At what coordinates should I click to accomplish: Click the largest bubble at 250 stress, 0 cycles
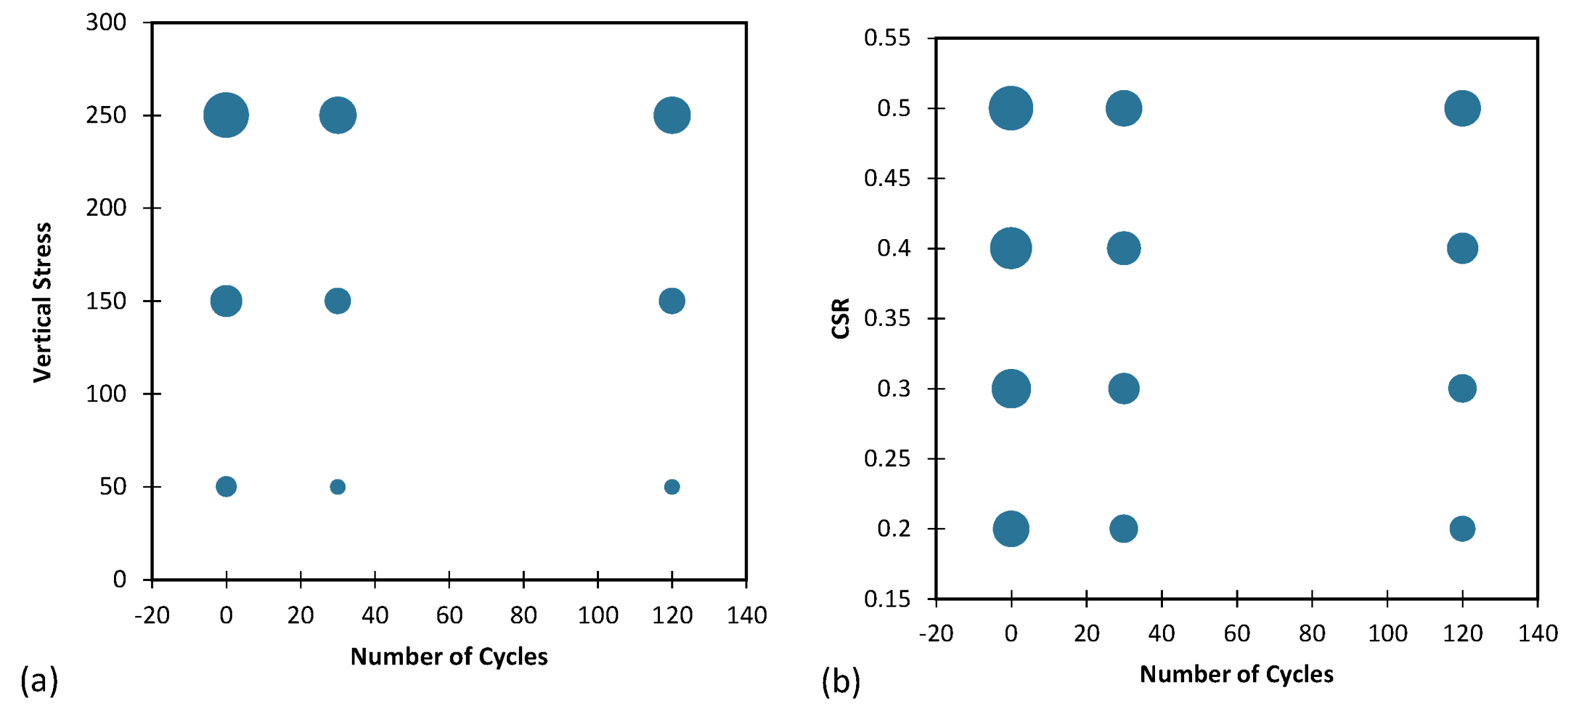pyautogui.click(x=226, y=115)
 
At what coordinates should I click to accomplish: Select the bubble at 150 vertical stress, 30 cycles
pyautogui.click(x=337, y=301)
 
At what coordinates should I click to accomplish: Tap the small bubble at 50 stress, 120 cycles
pyautogui.click(x=671, y=487)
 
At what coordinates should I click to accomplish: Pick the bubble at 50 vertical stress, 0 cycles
pyautogui.click(x=226, y=486)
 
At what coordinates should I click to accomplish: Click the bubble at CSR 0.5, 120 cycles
pyautogui.click(x=1462, y=109)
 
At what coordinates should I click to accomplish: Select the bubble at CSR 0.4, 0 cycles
pyautogui.click(x=1011, y=248)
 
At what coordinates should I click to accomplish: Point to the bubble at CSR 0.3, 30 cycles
pyautogui.click(x=1123, y=389)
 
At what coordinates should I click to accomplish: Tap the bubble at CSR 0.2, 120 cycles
pyautogui.click(x=1462, y=529)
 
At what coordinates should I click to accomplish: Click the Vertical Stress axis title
pyautogui.click(x=42, y=302)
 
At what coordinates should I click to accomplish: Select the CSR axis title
pyautogui.click(x=840, y=319)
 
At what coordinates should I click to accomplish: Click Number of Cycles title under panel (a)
pyautogui.click(x=449, y=656)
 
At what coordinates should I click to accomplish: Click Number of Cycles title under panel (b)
pyautogui.click(x=1236, y=674)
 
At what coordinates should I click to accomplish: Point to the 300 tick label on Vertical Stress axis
pyautogui.click(x=106, y=23)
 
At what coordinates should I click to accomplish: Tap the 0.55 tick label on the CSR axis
pyautogui.click(x=887, y=38)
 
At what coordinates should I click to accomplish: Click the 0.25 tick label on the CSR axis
pyautogui.click(x=887, y=458)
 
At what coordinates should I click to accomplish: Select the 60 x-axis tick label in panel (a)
pyautogui.click(x=449, y=615)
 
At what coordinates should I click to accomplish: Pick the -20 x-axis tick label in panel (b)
pyautogui.click(x=935, y=634)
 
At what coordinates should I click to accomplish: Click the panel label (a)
pyautogui.click(x=39, y=680)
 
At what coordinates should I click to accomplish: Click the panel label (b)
pyautogui.click(x=840, y=682)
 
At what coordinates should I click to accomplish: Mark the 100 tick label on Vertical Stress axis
pyautogui.click(x=106, y=394)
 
